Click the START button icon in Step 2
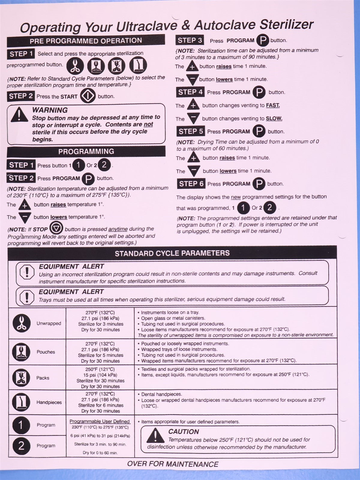tap(88, 96)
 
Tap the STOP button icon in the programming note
tap(56, 228)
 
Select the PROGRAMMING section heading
tap(86, 151)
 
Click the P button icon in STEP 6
tap(259, 184)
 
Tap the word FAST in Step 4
tap(273, 105)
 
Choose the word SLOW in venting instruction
tap(274, 118)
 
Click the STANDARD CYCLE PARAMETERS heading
tap(172, 253)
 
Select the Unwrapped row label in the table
tap(49, 323)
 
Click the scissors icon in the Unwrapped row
tap(22, 323)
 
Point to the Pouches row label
tap(46, 352)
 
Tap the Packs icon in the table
tap(21, 377)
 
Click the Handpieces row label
tap(49, 402)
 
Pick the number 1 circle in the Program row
tap(21, 425)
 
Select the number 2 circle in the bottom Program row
tap(21, 446)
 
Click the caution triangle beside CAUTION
tap(155, 436)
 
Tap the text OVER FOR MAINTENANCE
tap(172, 464)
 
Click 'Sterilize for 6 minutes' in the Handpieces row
tap(100, 405)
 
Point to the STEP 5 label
tap(191, 131)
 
